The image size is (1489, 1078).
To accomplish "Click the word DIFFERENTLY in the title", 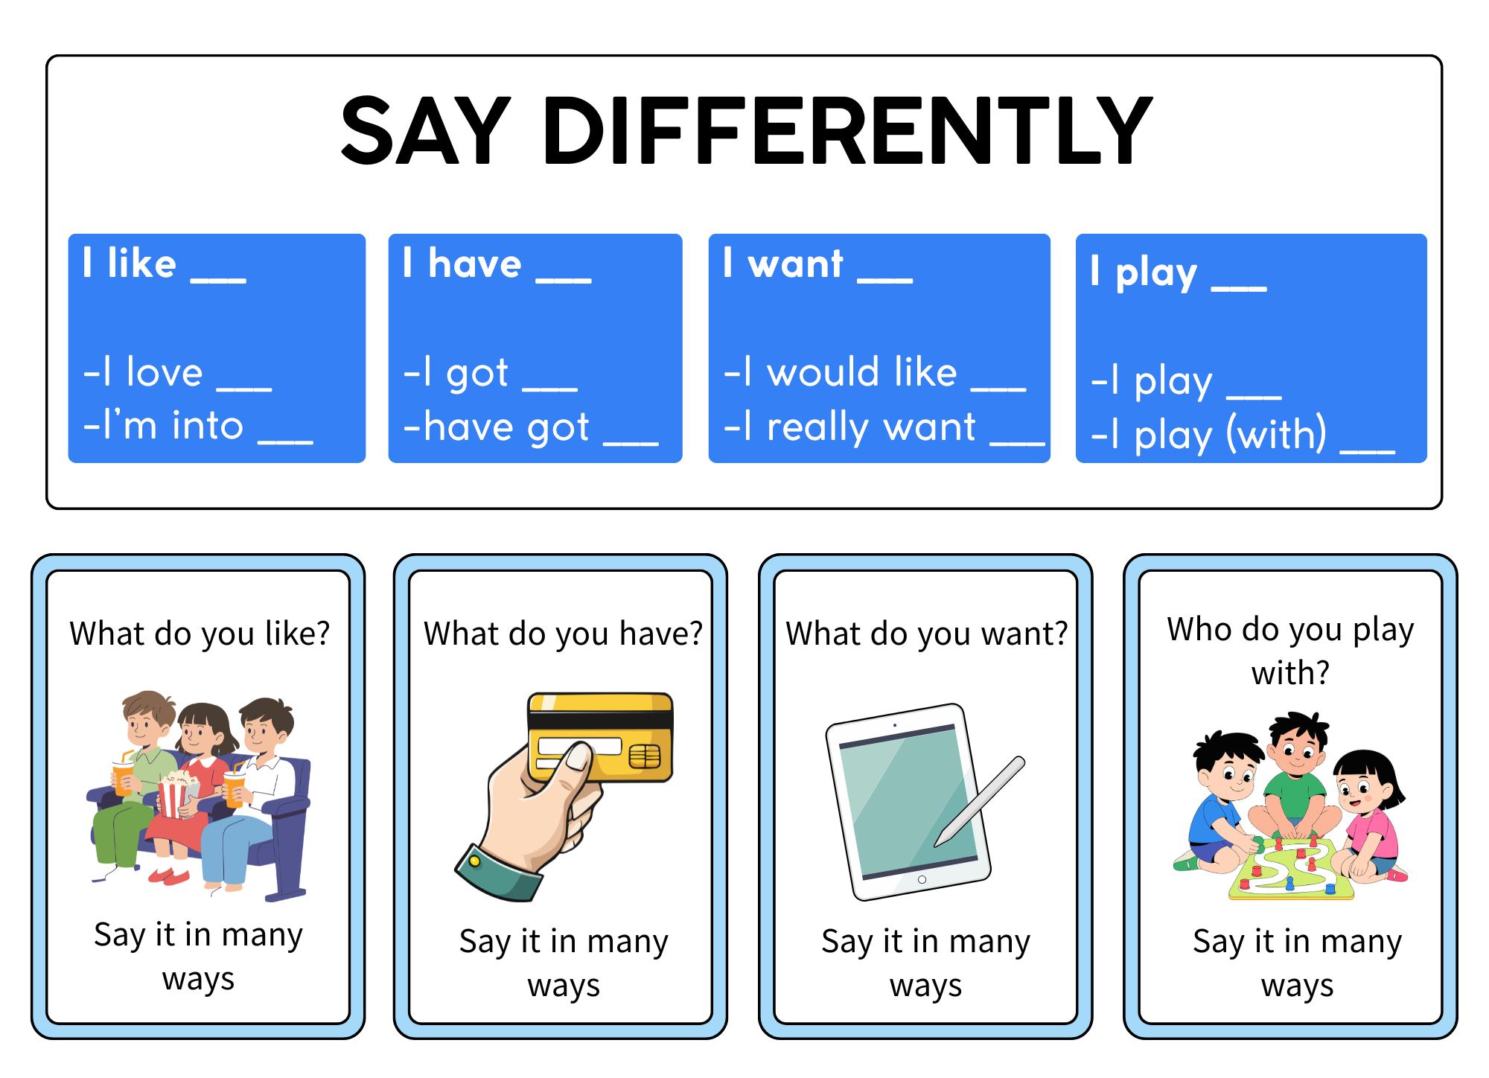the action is (x=848, y=130).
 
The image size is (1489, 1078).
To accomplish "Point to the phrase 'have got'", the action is (x=506, y=427).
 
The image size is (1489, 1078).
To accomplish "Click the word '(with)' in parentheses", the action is (x=1276, y=434).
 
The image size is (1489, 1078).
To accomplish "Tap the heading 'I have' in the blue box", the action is (x=462, y=264).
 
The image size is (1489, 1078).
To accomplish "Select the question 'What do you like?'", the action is (x=200, y=634).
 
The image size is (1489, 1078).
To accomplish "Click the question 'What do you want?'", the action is (x=927, y=634).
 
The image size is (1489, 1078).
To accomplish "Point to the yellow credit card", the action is (x=600, y=737).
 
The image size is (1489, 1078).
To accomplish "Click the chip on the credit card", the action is (x=644, y=756).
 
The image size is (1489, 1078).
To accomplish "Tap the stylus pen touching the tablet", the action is (x=980, y=802).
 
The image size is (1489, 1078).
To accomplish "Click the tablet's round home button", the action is (x=922, y=879).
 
